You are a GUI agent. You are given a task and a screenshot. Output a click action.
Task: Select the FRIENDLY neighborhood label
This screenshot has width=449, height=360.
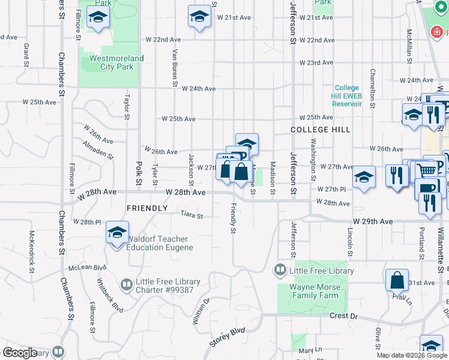tap(147, 208)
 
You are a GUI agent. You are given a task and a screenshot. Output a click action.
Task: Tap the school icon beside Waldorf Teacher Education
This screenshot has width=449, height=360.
tap(118, 232)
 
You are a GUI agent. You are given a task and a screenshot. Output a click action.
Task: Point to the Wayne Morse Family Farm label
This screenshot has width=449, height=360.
tap(314, 291)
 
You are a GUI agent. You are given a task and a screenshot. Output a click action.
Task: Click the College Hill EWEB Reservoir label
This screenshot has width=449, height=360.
tap(348, 95)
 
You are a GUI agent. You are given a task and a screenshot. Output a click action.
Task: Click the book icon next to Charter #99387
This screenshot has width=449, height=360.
tap(126, 284)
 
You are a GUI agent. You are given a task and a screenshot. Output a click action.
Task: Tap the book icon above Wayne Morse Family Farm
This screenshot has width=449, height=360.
tap(280, 271)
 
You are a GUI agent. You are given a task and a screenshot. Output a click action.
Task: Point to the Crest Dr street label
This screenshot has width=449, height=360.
tap(343, 316)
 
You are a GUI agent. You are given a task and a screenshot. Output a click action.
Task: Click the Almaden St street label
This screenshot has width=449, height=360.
tap(98, 151)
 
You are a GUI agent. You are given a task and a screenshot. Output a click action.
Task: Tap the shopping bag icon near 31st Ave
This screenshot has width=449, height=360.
tap(397, 280)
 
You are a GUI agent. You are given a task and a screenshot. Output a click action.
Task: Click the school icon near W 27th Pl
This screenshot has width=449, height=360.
tap(363, 177)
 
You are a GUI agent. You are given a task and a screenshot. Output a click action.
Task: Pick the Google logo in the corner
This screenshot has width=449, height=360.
tap(20, 353)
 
